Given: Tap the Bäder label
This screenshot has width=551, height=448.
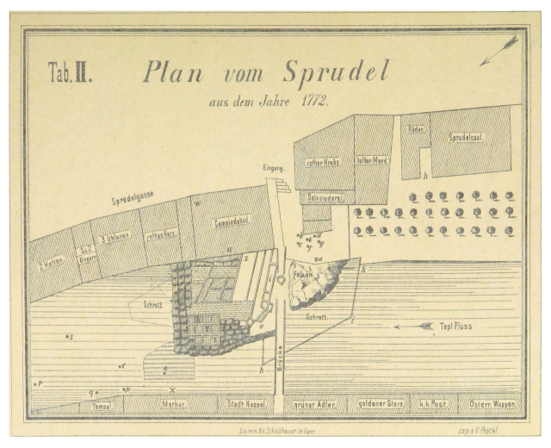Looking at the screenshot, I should (416, 129).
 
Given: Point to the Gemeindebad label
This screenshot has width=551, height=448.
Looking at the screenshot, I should (232, 221).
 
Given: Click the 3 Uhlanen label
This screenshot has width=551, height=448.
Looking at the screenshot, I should (114, 239).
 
